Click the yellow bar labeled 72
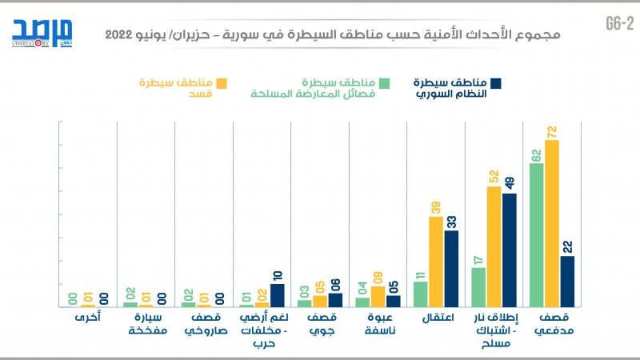point(552,224)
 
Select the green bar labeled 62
point(537,235)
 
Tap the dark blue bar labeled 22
point(567,282)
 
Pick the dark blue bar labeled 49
point(509,250)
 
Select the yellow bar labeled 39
point(435,262)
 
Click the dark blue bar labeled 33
point(450,269)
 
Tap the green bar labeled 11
point(420,294)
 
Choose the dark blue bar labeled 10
point(277,295)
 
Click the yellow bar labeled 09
point(377,296)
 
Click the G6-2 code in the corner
point(619,24)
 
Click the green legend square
point(384,83)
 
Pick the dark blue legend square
point(495,83)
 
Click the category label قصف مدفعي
point(551,324)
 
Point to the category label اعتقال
point(437,318)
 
